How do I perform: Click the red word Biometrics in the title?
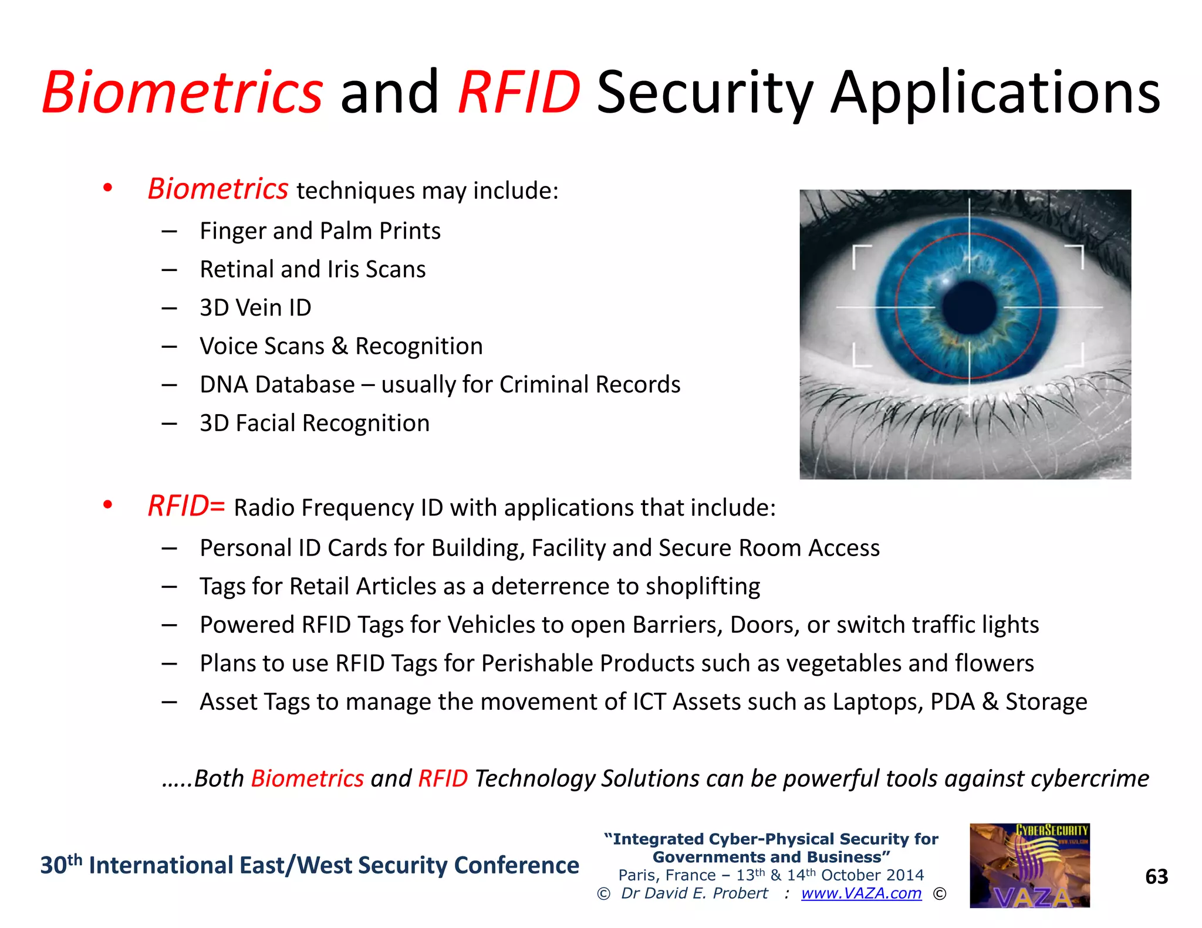[x=182, y=93]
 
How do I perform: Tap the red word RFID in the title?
[x=519, y=93]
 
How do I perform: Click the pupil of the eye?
[x=969, y=307]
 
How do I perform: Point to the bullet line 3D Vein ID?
[x=255, y=308]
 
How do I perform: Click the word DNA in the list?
[x=224, y=385]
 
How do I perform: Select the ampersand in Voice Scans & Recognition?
[x=339, y=346]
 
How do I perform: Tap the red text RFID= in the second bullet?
[x=186, y=506]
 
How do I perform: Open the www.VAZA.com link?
[x=861, y=893]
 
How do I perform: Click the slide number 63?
[x=1156, y=877]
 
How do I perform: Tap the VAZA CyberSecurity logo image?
[x=1029, y=866]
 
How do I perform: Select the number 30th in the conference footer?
[x=60, y=865]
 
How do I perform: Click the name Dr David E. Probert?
[x=694, y=893]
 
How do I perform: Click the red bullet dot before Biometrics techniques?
[x=107, y=188]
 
